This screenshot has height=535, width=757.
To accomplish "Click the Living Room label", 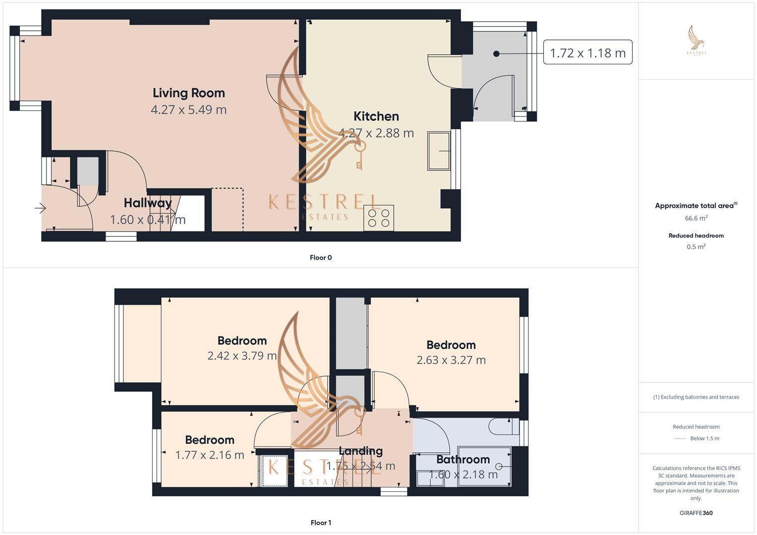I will [x=188, y=93].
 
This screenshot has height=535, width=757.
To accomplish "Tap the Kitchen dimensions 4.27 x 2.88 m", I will [x=376, y=133].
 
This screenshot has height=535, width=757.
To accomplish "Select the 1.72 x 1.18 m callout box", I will [x=587, y=53].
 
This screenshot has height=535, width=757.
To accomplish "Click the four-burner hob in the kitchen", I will [x=379, y=217].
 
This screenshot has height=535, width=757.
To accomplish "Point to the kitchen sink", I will [x=439, y=151].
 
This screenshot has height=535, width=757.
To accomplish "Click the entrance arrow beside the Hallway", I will [x=40, y=209].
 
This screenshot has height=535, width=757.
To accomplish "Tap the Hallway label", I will [x=147, y=203].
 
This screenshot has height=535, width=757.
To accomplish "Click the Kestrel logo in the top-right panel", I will [x=697, y=41].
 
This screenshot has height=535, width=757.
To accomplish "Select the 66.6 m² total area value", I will [x=696, y=218].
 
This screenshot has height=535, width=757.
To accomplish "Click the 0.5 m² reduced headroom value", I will [x=696, y=247].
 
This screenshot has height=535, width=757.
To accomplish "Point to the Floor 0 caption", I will [x=321, y=258].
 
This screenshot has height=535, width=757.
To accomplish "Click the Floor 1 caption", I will [x=321, y=523].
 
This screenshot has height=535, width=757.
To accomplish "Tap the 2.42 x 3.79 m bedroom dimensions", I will [x=242, y=356].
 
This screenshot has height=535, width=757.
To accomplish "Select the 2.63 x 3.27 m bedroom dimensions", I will [x=451, y=360].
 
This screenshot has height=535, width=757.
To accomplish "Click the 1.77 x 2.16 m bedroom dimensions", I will [x=210, y=455].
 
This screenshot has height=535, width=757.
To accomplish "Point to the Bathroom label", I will [x=463, y=460].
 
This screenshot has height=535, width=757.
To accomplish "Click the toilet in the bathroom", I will [x=502, y=427].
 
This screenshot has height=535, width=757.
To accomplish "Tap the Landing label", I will [x=360, y=451].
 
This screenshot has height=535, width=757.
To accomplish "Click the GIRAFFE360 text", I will [x=696, y=513].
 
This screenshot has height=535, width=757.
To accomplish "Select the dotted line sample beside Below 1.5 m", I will [x=680, y=438].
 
